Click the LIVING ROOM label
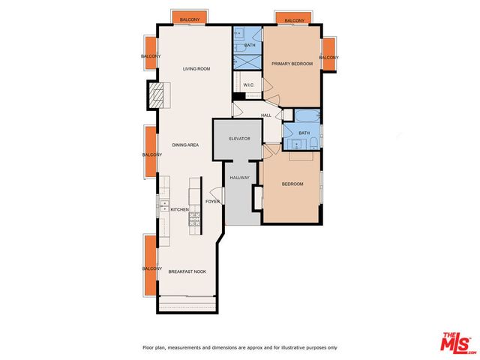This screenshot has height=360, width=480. pos(196,69)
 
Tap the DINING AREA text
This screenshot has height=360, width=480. pos(184,145)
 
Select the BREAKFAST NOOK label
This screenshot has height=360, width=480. pos(187,271)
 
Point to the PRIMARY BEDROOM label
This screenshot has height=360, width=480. pos(292,64)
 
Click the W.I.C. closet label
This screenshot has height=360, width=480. pos(250,85)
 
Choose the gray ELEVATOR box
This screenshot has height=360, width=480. pos(238,139)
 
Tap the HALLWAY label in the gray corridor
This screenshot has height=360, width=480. pos(239,178)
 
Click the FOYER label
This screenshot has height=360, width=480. pos(213,201)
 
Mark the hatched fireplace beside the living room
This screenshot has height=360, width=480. pos(155,95)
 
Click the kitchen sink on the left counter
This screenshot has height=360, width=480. pos(163,205)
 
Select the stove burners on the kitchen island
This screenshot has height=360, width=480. pos(194,220)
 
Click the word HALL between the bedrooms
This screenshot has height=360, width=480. pos(266,115)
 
